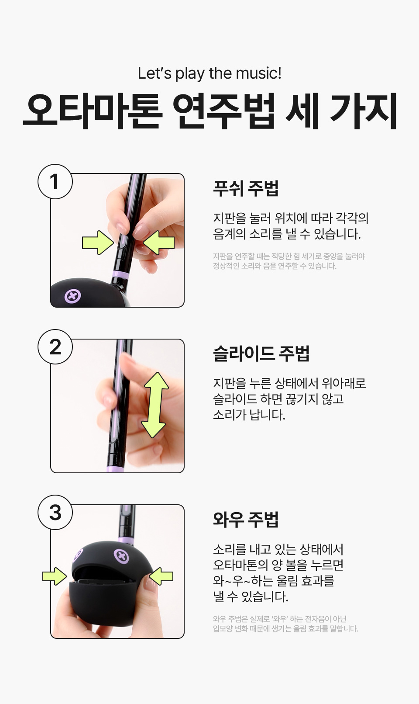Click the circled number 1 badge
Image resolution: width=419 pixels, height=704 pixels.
pyautogui.click(x=55, y=181)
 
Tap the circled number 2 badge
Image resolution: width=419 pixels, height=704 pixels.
pyautogui.click(x=55, y=347)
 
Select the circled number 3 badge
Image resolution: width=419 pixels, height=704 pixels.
pyautogui.click(x=55, y=512)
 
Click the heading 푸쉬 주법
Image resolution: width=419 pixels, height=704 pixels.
pyautogui.click(x=246, y=188)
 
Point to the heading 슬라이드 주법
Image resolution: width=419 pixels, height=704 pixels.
pyautogui.click(x=261, y=354)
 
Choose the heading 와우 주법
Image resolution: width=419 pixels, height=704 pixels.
pyautogui.click(x=246, y=519)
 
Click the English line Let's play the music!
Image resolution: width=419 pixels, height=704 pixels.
pyautogui.click(x=209, y=73)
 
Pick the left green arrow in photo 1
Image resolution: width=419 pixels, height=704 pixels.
pyautogui.click(x=98, y=243)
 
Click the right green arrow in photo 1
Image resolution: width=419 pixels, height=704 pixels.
pyautogui.click(x=159, y=243)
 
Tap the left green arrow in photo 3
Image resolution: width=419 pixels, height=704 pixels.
pyautogui.click(x=54, y=576)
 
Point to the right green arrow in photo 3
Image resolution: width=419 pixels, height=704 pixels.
pyautogui.click(x=161, y=576)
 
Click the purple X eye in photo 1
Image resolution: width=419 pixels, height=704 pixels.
pyautogui.click(x=73, y=296)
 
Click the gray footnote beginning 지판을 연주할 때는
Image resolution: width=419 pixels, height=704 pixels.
pyautogui.click(x=289, y=261)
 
